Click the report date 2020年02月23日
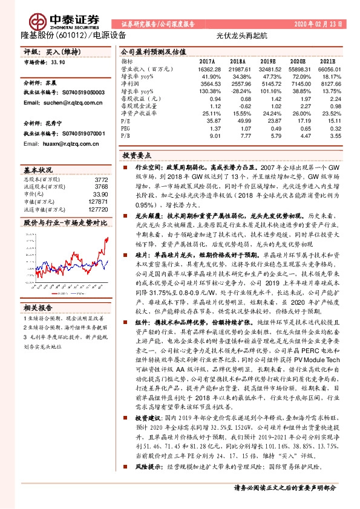(318, 24)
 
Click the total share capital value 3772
(101, 180)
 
